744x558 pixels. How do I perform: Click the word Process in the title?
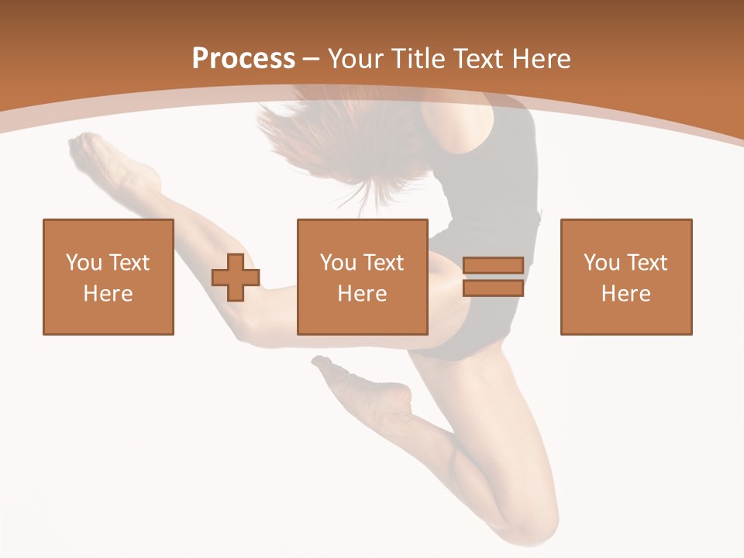point(243,59)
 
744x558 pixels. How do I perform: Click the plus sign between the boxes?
point(236,277)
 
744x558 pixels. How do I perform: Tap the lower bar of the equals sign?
point(493,288)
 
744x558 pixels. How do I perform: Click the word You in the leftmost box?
point(84,263)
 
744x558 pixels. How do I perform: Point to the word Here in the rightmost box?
point(626,294)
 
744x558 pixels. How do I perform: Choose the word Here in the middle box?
point(363,294)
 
